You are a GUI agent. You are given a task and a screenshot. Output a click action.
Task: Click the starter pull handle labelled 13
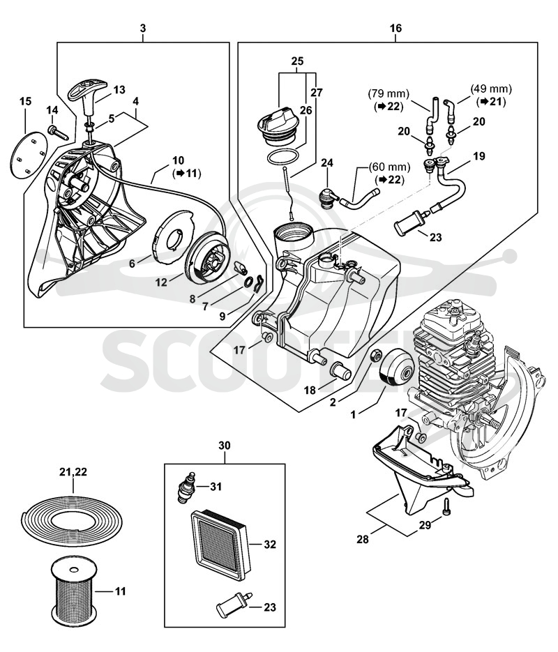pos(89,98)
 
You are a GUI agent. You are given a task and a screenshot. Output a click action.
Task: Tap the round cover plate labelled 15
pos(29,153)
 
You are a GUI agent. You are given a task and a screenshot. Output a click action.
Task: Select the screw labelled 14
pos(57,132)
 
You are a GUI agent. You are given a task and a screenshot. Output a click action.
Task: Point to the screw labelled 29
pos(447,507)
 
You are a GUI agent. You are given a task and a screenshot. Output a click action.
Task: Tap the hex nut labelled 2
pos(376,355)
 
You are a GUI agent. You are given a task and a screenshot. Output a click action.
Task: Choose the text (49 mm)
pos(491,89)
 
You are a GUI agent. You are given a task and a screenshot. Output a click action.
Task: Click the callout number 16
pos(395,29)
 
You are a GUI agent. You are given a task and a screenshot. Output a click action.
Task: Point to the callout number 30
pos(225,446)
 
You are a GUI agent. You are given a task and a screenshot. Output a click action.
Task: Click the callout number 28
pos(363,539)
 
